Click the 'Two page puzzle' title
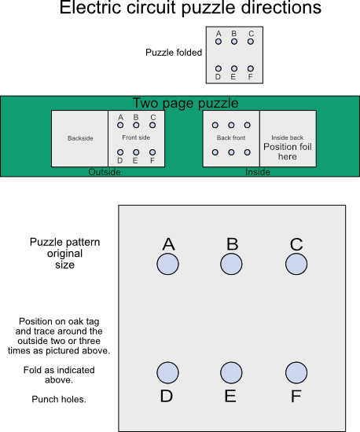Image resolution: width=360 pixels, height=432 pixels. (x=185, y=103)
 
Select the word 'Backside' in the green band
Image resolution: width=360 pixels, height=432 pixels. (x=79, y=139)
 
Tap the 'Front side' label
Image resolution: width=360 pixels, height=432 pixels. (x=136, y=137)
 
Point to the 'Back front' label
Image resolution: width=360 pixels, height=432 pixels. (x=231, y=137)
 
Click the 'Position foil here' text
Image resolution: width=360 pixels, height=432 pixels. (x=288, y=152)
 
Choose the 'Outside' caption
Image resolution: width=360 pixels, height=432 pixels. (x=105, y=172)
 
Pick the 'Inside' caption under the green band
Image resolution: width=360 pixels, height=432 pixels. (x=258, y=172)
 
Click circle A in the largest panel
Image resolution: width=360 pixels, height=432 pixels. (x=167, y=265)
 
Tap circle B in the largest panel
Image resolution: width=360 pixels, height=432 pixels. (x=231, y=265)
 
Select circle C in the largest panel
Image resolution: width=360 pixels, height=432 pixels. (x=296, y=265)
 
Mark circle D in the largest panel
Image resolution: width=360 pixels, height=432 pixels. (x=167, y=372)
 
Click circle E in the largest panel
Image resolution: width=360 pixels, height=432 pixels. (x=231, y=372)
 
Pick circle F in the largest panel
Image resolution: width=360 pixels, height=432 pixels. (x=296, y=372)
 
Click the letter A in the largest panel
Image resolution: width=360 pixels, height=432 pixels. (x=167, y=244)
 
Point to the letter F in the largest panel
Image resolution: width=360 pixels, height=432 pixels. (x=296, y=396)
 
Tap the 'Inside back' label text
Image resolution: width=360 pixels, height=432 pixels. (x=288, y=137)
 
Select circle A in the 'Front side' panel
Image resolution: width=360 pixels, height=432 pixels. (x=120, y=125)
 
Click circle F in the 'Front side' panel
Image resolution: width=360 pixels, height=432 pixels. (x=152, y=152)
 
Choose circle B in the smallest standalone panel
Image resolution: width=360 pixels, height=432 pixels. (x=233, y=42)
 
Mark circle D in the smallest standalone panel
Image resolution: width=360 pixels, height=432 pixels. (x=218, y=68)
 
